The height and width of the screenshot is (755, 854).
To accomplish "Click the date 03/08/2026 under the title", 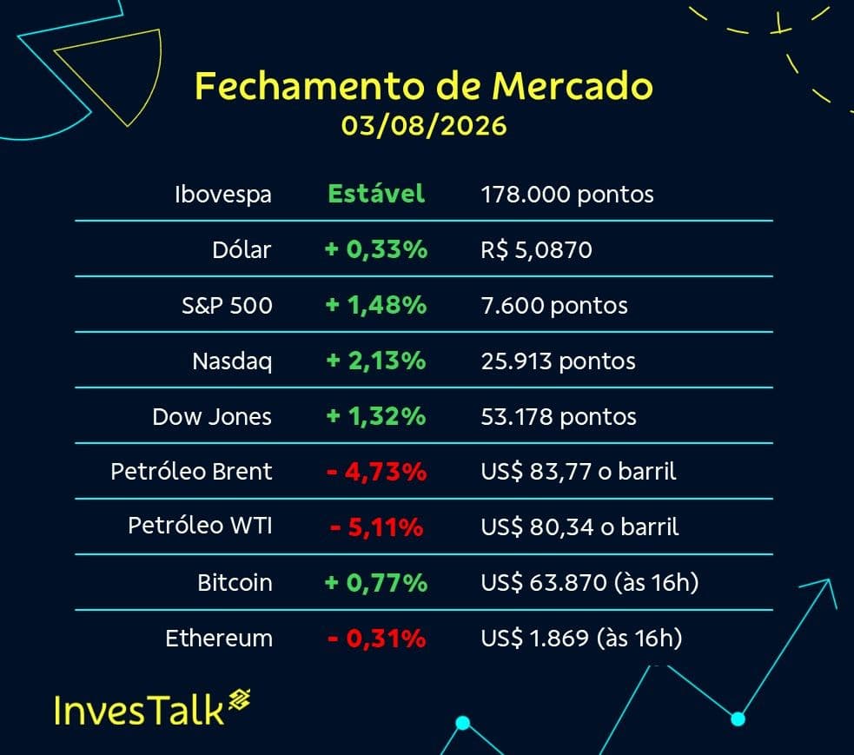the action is (424, 126).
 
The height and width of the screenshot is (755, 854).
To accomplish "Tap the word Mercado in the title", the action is (572, 86).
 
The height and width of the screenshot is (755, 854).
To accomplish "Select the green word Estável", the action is (376, 194).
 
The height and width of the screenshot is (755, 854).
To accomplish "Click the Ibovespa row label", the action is (222, 195).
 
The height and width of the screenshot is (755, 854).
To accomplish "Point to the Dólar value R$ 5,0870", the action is (536, 250).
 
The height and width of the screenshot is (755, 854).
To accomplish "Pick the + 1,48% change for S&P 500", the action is (376, 305).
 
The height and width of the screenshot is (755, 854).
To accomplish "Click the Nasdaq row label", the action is (232, 361).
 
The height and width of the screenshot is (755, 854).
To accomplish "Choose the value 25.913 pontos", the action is (559, 361).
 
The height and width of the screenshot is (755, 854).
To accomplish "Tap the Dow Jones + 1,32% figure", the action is (376, 417).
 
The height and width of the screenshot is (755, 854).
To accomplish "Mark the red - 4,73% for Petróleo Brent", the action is (376, 472).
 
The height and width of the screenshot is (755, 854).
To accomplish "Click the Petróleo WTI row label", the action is (200, 526).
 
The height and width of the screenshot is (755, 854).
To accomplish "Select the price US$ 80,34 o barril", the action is (579, 527).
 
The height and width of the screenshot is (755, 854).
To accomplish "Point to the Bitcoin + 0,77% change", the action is (376, 583).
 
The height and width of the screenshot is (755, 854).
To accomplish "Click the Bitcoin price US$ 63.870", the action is (544, 583).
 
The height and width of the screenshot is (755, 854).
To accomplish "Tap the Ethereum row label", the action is (219, 639).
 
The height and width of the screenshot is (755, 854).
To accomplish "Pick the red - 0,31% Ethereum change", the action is (376, 639).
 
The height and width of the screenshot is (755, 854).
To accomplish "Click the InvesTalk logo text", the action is (139, 711).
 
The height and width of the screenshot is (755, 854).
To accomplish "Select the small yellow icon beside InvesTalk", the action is (239, 699).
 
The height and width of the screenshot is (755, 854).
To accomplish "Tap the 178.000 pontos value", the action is (567, 195).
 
